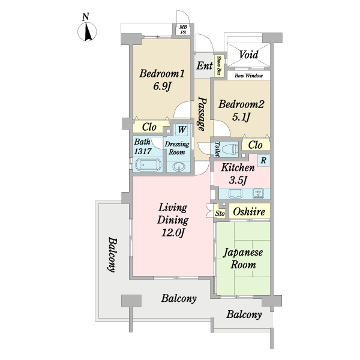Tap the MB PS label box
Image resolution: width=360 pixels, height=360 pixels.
[183, 30]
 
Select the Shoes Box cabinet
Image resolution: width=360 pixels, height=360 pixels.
[220, 65]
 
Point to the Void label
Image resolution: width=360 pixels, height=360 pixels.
[248, 55]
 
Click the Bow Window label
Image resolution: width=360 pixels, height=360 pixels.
[248, 76]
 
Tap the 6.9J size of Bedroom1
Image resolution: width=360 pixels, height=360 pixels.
[163, 86]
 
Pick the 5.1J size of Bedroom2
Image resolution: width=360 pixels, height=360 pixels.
[241, 118]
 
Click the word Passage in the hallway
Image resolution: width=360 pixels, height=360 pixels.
[202, 113]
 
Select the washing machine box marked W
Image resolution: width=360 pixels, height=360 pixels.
[182, 130]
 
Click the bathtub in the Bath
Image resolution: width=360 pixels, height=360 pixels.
[148, 164]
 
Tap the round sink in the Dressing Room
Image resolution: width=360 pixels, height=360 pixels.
[179, 166]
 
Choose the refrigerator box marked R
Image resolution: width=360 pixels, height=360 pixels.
[263, 160]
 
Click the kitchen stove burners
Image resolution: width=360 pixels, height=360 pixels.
[258, 194]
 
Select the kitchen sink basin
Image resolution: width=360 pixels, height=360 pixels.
[235, 194]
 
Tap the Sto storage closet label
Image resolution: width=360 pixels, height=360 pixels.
[220, 214]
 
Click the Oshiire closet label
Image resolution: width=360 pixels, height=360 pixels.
[249, 211]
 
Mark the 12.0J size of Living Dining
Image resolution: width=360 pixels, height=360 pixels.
[173, 233]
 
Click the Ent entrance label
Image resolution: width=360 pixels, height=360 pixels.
[205, 65]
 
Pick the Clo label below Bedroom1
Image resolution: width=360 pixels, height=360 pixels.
[149, 127]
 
